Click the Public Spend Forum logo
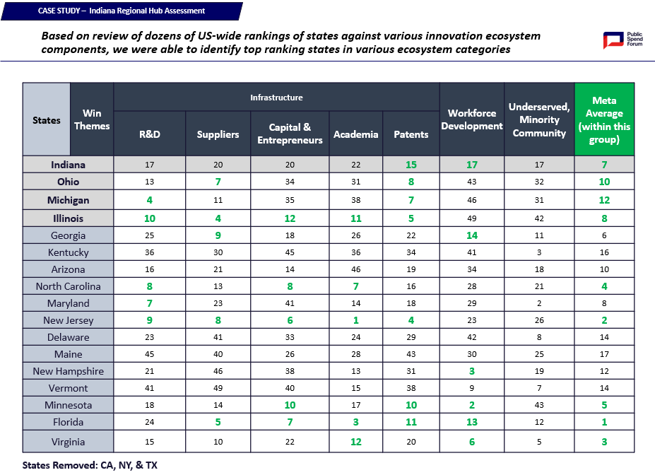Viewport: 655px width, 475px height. [x=622, y=40]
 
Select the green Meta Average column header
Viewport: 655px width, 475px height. [x=604, y=119]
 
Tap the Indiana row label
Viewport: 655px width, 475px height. [x=68, y=165]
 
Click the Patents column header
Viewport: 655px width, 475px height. [x=411, y=134]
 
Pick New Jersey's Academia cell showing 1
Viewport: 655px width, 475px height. [x=356, y=320]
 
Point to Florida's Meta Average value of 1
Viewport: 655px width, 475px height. [x=604, y=422]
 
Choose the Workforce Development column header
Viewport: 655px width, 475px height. [x=472, y=119]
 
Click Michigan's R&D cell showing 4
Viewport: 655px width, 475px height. [x=150, y=200]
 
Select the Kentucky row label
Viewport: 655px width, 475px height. [x=68, y=252]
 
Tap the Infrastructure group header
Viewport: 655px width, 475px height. [x=276, y=98]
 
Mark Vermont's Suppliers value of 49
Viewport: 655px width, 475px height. [x=218, y=388]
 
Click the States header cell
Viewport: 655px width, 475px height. [x=47, y=120]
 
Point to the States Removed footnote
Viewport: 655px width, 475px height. [x=90, y=465]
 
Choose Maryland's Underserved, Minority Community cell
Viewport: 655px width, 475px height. [x=539, y=303]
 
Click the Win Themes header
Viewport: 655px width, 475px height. [x=92, y=119]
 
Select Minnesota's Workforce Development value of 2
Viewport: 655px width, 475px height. [x=472, y=405]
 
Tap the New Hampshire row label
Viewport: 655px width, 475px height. [x=68, y=371]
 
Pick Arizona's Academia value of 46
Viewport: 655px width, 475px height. [x=356, y=269]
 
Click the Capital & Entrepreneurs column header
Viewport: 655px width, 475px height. [x=290, y=134]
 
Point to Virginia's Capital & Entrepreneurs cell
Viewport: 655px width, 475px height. [x=290, y=442]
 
